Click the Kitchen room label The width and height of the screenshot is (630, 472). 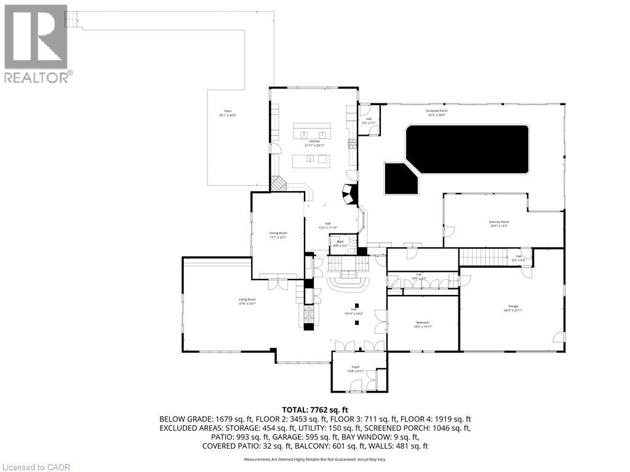coord(314,143)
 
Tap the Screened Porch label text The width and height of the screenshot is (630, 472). coord(437,112)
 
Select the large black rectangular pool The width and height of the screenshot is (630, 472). coord(467,149)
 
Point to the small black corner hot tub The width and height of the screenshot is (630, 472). coord(400,178)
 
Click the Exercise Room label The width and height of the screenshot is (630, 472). coord(499,224)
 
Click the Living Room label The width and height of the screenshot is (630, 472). coord(247,301)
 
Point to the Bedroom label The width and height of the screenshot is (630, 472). coord(423,324)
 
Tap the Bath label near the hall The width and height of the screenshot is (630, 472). coord(340,243)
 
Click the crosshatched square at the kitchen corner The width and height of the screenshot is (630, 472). coord(279,184)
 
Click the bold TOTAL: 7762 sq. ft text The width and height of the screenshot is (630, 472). coord(315,409)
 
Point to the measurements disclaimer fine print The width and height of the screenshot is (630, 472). coord(315,460)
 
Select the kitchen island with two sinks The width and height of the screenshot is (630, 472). coord(311,132)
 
